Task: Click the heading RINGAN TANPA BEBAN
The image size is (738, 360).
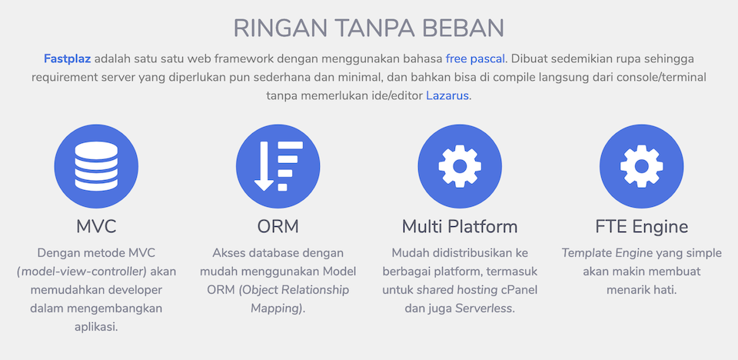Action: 368,28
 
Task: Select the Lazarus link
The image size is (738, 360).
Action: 447,96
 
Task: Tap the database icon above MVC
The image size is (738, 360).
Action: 96,166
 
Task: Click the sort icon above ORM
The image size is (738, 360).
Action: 278,166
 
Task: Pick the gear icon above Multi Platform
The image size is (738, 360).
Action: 460,166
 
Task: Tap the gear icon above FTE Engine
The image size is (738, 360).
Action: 641,166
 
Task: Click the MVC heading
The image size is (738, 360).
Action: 96,227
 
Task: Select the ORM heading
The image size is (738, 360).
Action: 278,227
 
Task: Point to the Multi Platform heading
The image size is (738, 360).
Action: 460,227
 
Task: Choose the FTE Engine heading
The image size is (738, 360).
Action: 641,227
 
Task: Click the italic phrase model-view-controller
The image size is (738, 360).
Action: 83,272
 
